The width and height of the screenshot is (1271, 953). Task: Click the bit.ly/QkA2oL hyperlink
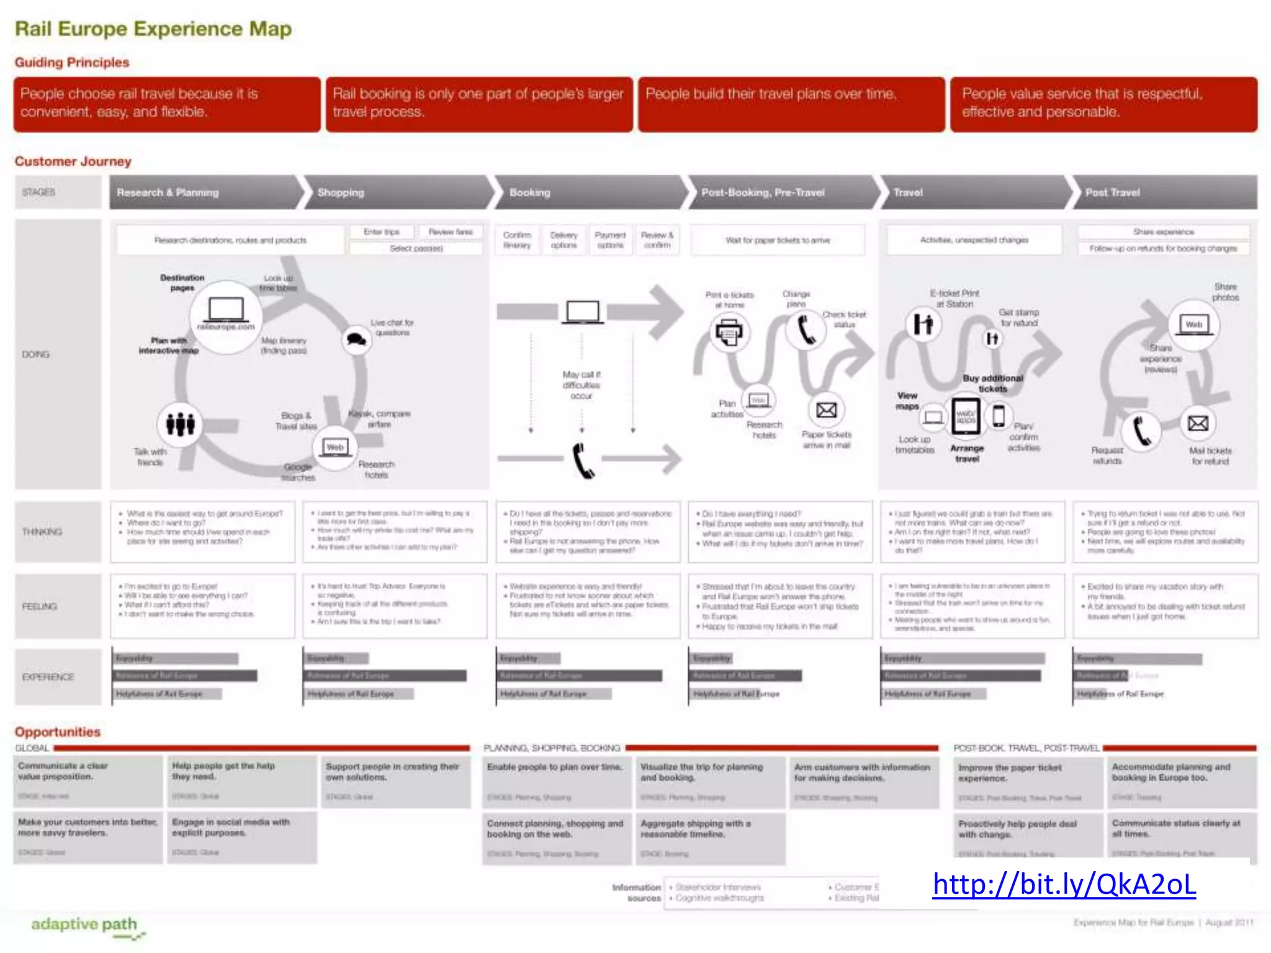pyautogui.click(x=1064, y=884)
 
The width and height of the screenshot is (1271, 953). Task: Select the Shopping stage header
pyautogui.click(x=341, y=192)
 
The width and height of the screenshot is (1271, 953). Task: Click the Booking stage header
pyautogui.click(x=529, y=192)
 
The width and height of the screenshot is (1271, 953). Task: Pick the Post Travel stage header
pyautogui.click(x=1112, y=192)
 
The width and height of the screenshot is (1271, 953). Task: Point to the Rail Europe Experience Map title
pyautogui.click(x=153, y=29)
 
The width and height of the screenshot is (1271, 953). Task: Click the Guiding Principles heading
pyautogui.click(x=72, y=62)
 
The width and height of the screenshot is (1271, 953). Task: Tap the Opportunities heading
pyautogui.click(x=58, y=732)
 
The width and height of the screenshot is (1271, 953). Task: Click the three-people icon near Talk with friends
pyautogui.click(x=180, y=424)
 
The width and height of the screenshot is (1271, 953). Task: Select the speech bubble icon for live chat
pyautogui.click(x=356, y=339)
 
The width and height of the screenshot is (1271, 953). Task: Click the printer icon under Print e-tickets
pyautogui.click(x=729, y=333)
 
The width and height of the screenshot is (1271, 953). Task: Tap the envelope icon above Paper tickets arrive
pyautogui.click(x=826, y=410)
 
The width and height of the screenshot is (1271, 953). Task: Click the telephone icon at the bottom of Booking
pyautogui.click(x=583, y=460)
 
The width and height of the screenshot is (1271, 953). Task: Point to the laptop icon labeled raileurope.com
pyautogui.click(x=226, y=310)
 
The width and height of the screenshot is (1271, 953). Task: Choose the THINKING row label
pyautogui.click(x=42, y=532)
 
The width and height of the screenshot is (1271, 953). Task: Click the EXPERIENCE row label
pyautogui.click(x=48, y=676)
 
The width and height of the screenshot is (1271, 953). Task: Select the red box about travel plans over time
pyautogui.click(x=791, y=104)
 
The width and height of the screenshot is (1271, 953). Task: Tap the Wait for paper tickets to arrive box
pyautogui.click(x=778, y=240)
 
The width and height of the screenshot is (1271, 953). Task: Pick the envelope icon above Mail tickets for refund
pyautogui.click(x=1198, y=423)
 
